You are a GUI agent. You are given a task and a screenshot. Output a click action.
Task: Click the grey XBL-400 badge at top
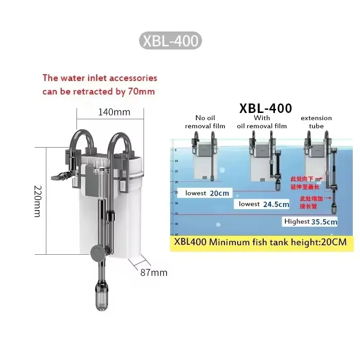170,40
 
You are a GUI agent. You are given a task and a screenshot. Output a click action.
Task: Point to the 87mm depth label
153,272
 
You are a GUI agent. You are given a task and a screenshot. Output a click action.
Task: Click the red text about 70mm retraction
99,85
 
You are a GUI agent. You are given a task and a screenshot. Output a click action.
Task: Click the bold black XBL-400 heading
265,108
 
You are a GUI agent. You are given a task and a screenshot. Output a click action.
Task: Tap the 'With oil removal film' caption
262,122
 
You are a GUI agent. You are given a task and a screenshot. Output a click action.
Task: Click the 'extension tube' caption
316,122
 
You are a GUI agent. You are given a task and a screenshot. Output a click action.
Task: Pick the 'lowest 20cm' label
207,193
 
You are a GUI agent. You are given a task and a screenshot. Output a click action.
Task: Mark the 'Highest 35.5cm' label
310,221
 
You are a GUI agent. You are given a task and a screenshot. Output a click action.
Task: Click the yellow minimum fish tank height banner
261,242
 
